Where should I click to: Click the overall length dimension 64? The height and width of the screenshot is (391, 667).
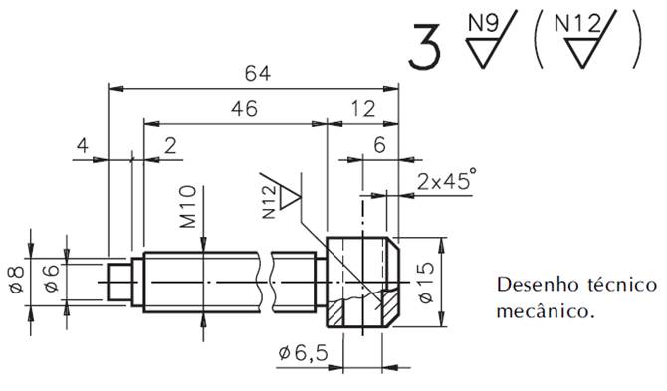[x=258, y=73]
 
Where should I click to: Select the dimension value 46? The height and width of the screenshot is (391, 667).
[x=244, y=109]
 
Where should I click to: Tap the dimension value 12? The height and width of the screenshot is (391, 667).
[x=363, y=109]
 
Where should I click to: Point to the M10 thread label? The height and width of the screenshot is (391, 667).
[x=188, y=207]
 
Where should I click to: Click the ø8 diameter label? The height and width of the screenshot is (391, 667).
[x=17, y=279]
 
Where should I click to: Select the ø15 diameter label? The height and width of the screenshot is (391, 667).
[x=426, y=283]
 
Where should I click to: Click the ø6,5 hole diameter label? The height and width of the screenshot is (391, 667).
[x=304, y=353]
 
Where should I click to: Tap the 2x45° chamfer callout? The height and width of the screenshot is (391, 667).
[x=446, y=180]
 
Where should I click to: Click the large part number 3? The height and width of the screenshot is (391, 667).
[x=424, y=47]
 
